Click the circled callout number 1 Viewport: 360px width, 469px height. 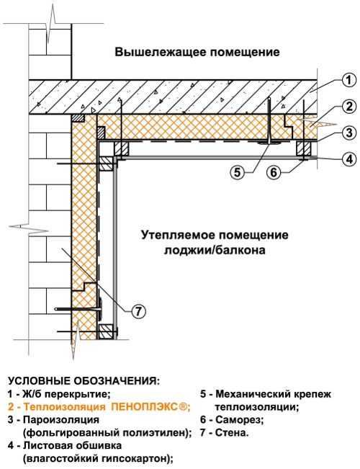[x=349, y=81]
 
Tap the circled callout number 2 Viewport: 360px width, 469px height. [x=349, y=107]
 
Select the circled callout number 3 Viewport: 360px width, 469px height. [x=349, y=133]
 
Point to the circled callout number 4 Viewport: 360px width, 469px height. [x=349, y=158]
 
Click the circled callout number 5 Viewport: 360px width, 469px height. [x=237, y=173]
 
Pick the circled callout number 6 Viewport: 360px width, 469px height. [x=274, y=173]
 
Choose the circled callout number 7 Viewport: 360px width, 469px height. [x=138, y=312]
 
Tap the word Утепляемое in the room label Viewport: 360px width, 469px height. [x=178, y=235]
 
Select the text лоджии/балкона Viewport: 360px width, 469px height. [x=215, y=250]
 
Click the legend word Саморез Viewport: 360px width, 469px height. [x=238, y=420]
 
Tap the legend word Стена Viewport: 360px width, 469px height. [x=232, y=433]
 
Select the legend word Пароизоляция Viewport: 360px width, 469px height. [x=61, y=420]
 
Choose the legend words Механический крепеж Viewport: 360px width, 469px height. [x=274, y=394]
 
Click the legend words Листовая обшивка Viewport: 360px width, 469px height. [x=73, y=446]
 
